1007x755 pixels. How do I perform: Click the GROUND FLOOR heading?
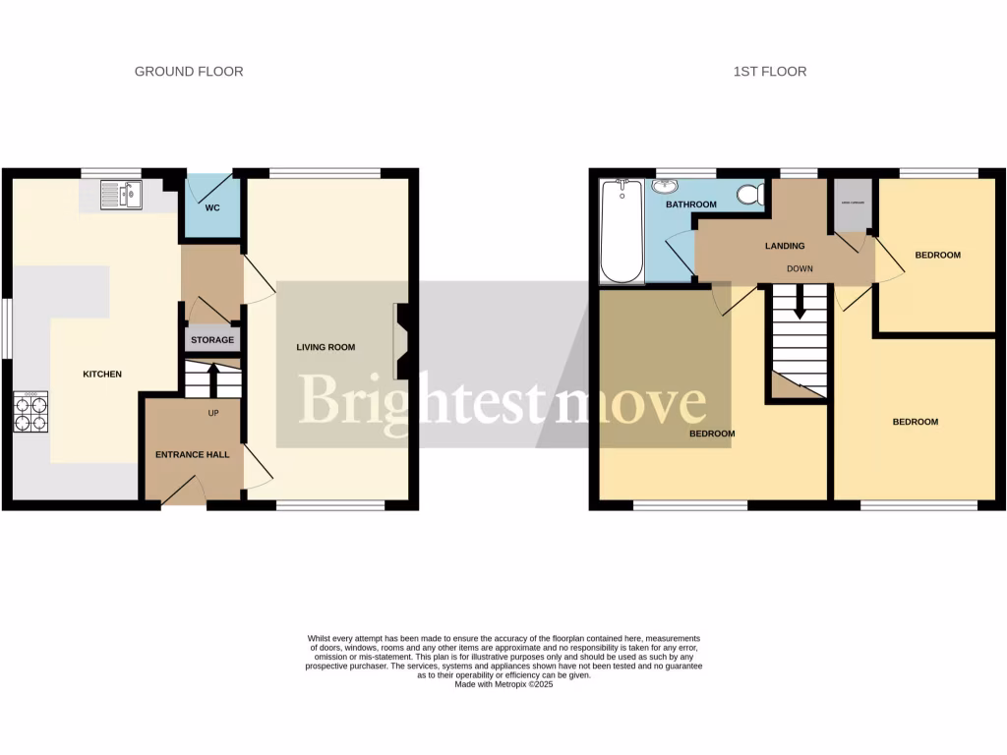point(189,72)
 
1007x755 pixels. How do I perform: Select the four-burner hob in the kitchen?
point(30,412)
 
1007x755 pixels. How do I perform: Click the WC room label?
point(212,208)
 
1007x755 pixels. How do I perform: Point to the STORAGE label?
point(212,340)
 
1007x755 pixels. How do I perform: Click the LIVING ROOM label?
point(326,347)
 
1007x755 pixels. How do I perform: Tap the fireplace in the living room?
point(401,341)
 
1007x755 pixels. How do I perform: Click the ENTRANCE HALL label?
point(193,455)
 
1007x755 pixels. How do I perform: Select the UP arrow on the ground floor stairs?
point(212,378)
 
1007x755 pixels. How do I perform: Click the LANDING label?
point(784,246)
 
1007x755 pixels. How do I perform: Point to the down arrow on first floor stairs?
point(799,304)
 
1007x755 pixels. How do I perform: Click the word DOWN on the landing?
point(799,268)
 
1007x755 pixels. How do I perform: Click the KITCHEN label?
point(102,374)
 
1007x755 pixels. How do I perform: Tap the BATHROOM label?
point(690,204)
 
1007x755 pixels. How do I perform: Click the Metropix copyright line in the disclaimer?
point(503,684)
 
